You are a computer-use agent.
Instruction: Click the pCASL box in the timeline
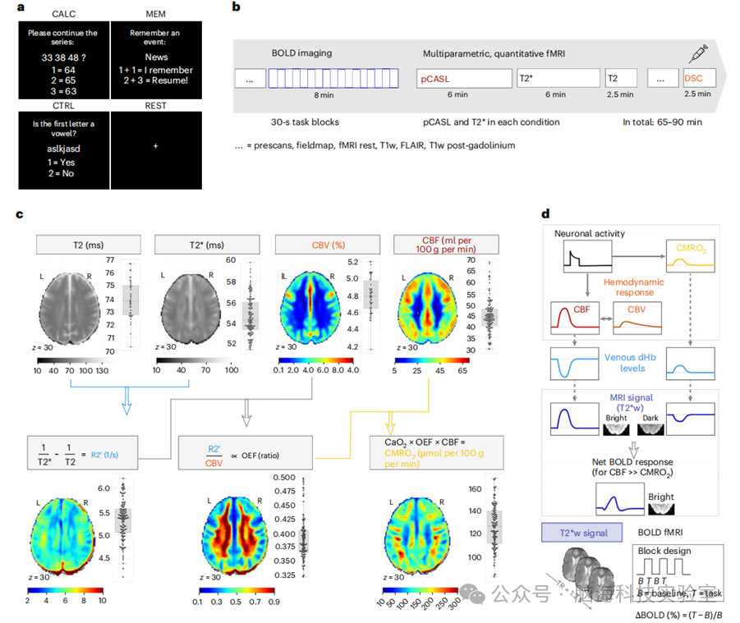[462, 79]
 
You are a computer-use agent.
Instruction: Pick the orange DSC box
[698, 79]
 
